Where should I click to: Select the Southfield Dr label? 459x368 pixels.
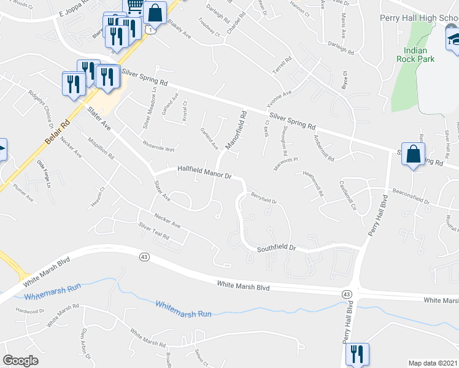pos(276,248)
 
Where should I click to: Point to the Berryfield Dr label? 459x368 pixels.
pos(264,198)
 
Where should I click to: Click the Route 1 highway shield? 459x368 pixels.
pos(150,29)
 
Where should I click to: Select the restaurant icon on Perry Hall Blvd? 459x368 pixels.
pos(357,354)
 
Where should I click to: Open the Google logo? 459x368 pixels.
pos(20,361)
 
